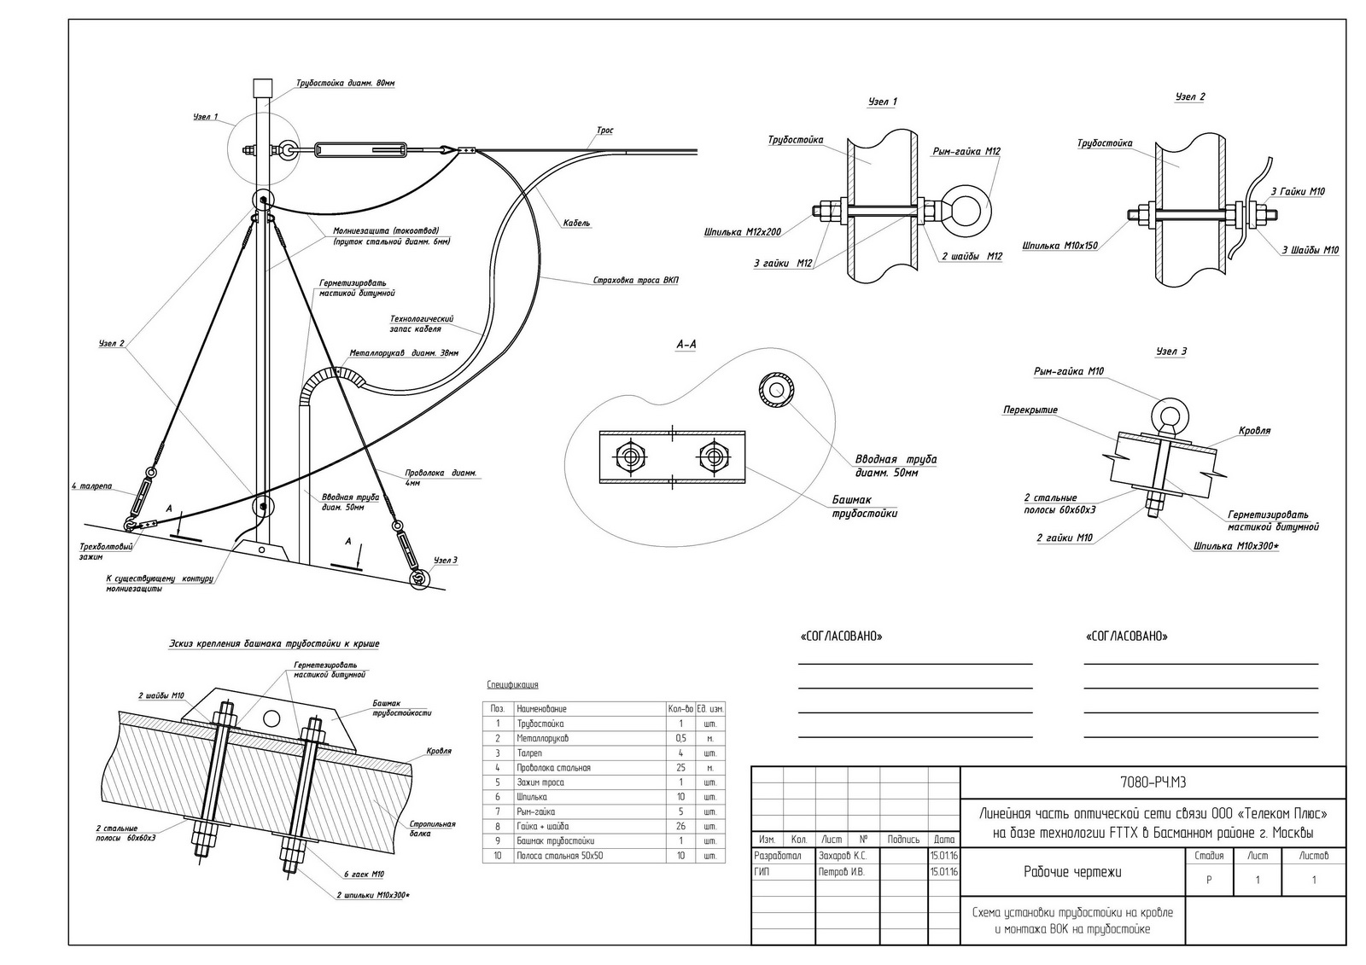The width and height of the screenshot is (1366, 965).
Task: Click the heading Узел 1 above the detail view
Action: pyautogui.click(x=883, y=102)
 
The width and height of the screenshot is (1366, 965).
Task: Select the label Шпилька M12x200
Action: pyautogui.click(x=742, y=232)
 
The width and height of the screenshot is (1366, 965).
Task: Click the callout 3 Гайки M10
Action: pyautogui.click(x=1298, y=191)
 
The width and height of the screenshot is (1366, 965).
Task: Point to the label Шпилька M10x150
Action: pyautogui.click(x=1060, y=246)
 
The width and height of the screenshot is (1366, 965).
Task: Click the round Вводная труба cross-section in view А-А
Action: pyautogui.click(x=776, y=390)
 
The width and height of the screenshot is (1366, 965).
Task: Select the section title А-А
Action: pyautogui.click(x=686, y=345)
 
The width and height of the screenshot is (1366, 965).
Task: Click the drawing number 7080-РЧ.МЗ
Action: pyautogui.click(x=1153, y=782)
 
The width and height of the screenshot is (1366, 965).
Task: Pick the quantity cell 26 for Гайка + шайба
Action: pyautogui.click(x=680, y=826)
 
